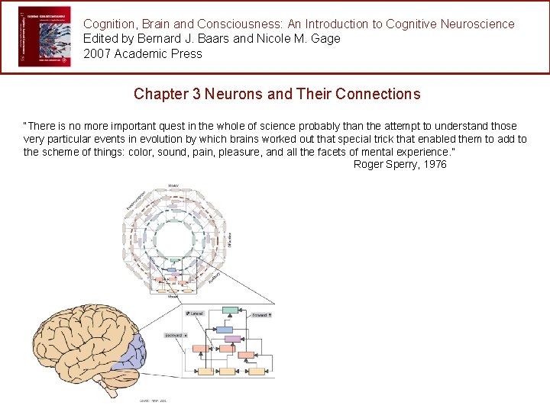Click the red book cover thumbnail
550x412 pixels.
coord(44,36)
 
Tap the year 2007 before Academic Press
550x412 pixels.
coord(97,53)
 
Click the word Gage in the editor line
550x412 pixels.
coord(325,38)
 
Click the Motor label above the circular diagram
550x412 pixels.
coord(174,185)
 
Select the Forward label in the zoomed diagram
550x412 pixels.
coord(261,314)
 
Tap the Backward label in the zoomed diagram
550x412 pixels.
coord(175,335)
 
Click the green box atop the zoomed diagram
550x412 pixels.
coord(230,311)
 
